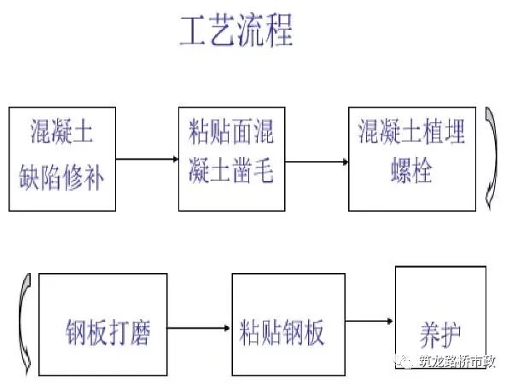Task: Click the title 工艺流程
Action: pos(236,31)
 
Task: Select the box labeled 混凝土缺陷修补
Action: pos(62,159)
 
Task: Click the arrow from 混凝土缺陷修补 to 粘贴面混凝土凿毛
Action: pos(147,159)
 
